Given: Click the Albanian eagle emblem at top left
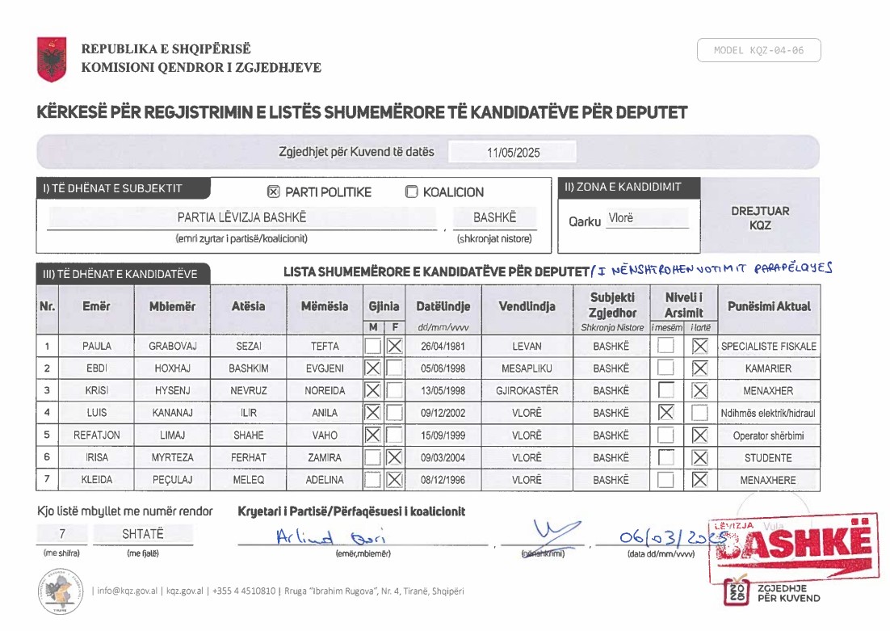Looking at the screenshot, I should tap(52, 59).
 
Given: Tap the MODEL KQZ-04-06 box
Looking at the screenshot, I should tap(758, 50).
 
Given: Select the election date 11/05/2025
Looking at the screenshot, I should tap(513, 152).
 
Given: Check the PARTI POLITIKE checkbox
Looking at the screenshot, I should tap(273, 192).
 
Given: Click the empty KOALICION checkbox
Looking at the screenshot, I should tap(412, 192).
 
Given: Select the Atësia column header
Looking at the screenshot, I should tap(248, 306).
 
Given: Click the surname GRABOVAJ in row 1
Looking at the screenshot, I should tap(173, 346).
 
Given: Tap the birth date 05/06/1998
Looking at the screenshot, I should tap(443, 368).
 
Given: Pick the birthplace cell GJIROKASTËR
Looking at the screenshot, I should tap(527, 390).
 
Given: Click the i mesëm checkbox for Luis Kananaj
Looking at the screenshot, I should tap(665, 413).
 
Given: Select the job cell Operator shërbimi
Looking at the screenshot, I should tap(768, 435).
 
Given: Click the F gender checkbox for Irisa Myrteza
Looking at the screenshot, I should tap(394, 457).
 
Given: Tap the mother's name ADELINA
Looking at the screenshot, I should tap(325, 480).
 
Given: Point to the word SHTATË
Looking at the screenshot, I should tap(142, 534).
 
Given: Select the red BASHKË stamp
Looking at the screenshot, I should tap(795, 546).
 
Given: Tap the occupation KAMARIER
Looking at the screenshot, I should tap(768, 368).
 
